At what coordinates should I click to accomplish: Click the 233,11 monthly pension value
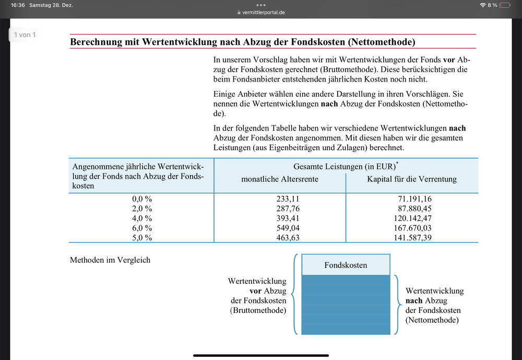(288, 199)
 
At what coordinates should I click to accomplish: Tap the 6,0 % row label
(141, 228)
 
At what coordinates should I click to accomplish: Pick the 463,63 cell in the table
(288, 238)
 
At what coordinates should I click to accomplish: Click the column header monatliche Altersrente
(280, 179)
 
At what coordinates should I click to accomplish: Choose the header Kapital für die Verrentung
(412, 179)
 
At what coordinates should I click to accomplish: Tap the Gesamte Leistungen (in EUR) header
(345, 166)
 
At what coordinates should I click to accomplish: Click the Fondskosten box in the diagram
(346, 265)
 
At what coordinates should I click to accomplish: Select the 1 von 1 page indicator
(25, 35)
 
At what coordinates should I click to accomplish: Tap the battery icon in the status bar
(504, 5)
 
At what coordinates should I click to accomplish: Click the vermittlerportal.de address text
(264, 13)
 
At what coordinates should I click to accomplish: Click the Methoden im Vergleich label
(110, 260)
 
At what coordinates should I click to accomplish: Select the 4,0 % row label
(141, 218)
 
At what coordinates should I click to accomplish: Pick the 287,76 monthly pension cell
(288, 208)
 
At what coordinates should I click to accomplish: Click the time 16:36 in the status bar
(18, 5)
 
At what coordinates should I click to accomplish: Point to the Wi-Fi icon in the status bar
(482, 5)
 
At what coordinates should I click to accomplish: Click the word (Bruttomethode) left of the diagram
(258, 310)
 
